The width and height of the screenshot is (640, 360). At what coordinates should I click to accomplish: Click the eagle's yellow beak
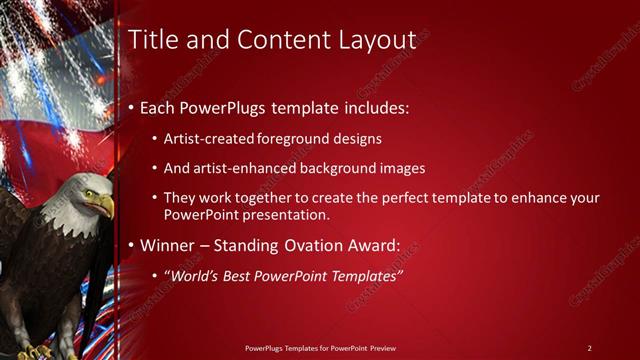pyautogui.click(x=104, y=206)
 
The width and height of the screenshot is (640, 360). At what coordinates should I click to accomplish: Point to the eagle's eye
pyautogui.click(x=87, y=194)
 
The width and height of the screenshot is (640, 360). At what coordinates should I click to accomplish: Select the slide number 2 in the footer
pyautogui.click(x=589, y=347)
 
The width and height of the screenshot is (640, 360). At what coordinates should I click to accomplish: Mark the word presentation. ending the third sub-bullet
pyautogui.click(x=289, y=215)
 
